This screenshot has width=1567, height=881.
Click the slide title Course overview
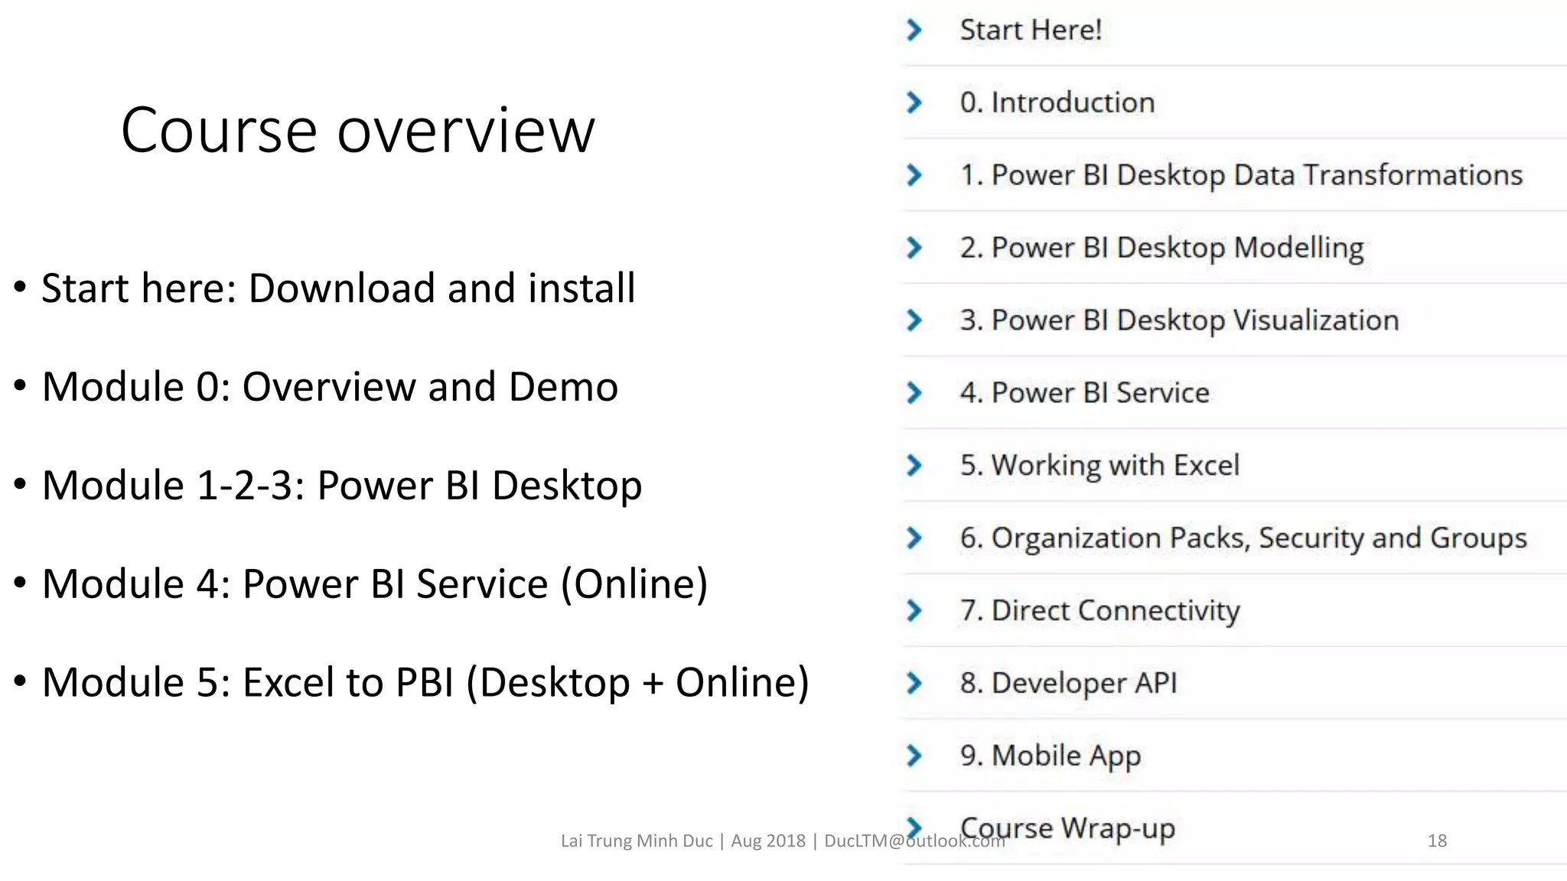coord(357,130)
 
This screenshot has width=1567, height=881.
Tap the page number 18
coord(1437,840)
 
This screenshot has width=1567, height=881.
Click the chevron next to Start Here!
coord(914,30)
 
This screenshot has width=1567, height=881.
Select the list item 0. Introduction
coord(1057,102)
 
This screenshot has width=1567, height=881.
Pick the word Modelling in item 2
coord(1298,248)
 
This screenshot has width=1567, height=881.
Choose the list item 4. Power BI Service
coord(1084,393)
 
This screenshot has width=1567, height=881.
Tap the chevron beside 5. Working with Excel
coord(914,465)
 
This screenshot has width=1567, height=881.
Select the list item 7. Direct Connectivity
coord(1100,610)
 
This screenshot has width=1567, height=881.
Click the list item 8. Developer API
coord(1068,683)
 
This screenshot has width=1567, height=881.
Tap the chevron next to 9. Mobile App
coord(914,756)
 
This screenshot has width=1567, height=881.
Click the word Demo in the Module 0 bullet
coord(563,387)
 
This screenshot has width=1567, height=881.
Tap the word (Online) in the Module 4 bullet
coord(634,584)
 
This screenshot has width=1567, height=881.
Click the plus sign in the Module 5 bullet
coord(653,683)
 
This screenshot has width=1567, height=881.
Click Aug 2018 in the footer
coord(768,840)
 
